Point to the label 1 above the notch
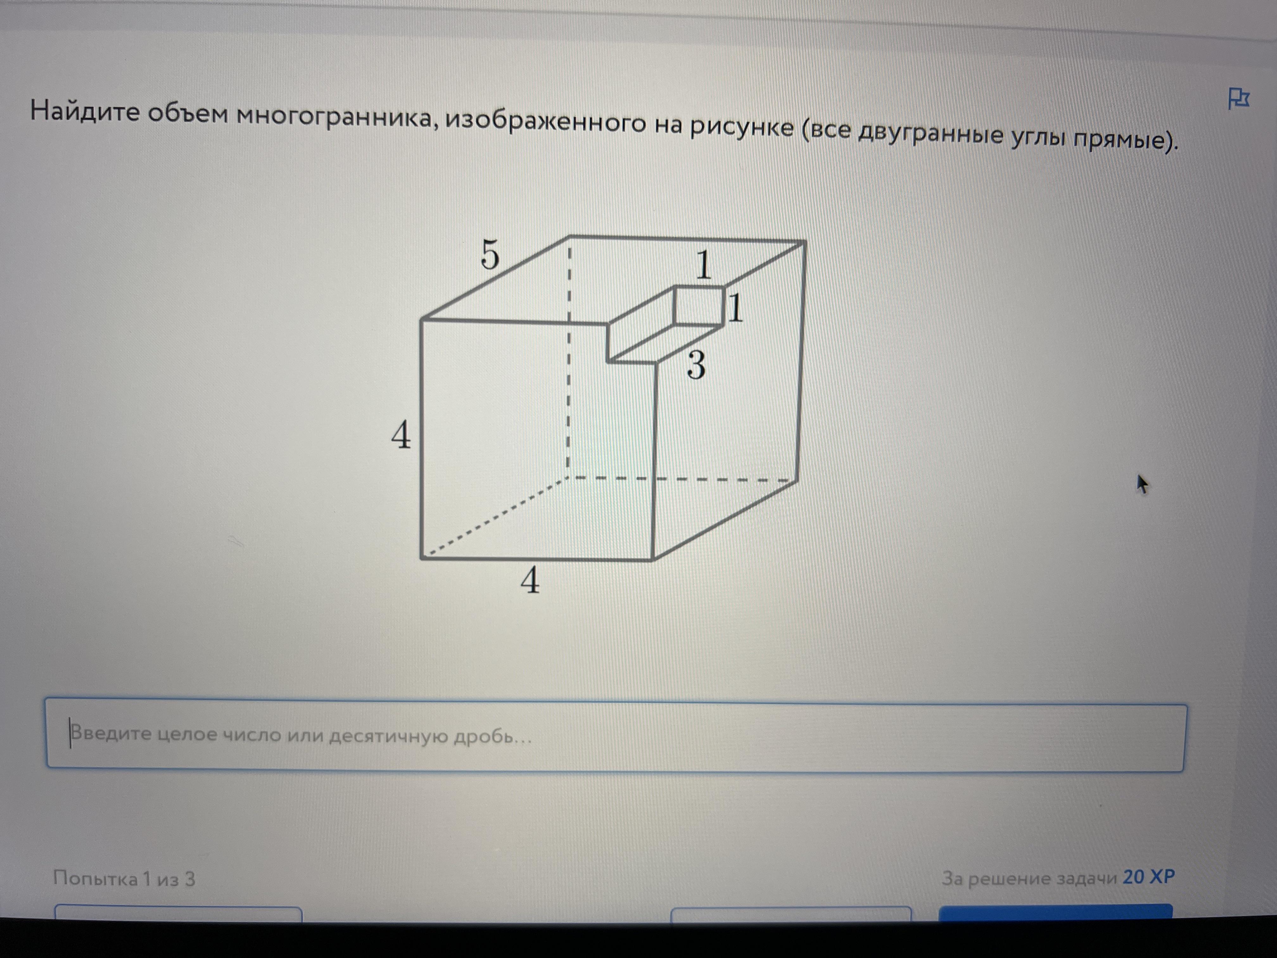pos(703,265)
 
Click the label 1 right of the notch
pos(735,308)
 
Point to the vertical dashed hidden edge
pos(569,357)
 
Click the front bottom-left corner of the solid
pos(422,558)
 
